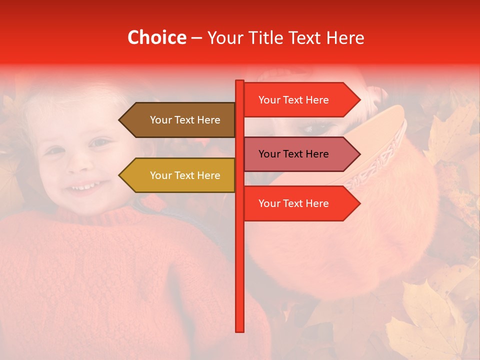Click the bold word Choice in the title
(x=156, y=37)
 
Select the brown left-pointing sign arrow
(x=180, y=120)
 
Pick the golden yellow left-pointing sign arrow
(x=180, y=175)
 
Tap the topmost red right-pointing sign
(x=297, y=100)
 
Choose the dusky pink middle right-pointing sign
(x=297, y=154)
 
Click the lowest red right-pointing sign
(x=297, y=203)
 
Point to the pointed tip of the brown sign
(x=120, y=120)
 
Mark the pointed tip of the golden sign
(x=120, y=175)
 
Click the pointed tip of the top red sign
(x=359, y=100)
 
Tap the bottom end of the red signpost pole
(x=240, y=330)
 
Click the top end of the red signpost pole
(x=240, y=81)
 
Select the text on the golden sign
(x=185, y=175)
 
